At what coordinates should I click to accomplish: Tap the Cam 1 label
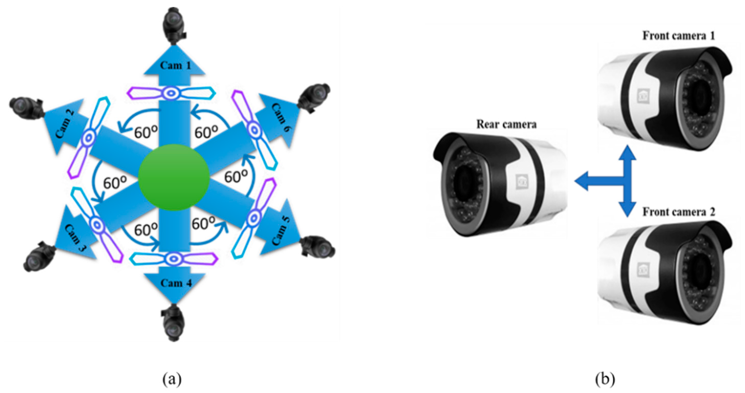pyautogui.click(x=175, y=66)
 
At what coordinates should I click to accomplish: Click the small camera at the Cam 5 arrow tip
pyautogui.click(x=318, y=247)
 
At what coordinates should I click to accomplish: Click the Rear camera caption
pyautogui.click(x=506, y=124)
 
